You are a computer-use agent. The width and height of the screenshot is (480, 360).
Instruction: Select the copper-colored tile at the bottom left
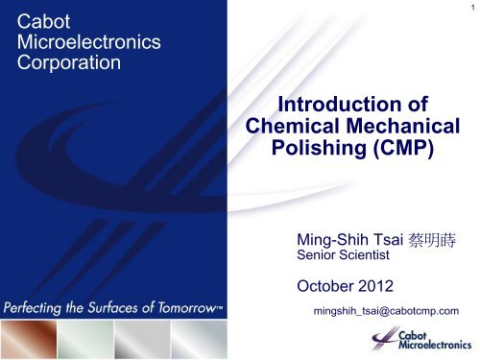[30, 338]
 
